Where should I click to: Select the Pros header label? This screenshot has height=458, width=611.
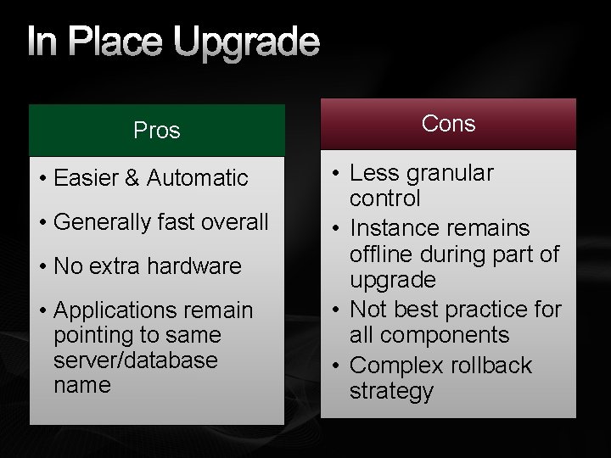coord(157,131)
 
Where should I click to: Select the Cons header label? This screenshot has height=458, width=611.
coord(448,124)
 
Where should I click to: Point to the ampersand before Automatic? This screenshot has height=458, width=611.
coord(132,178)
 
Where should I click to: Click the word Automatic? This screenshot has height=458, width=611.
coord(197,178)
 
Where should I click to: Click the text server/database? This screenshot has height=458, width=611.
coord(136,360)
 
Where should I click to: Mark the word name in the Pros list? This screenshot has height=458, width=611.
coord(81,385)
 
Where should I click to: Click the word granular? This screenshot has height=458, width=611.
coord(451,174)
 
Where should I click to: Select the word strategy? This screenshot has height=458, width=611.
coord(391,392)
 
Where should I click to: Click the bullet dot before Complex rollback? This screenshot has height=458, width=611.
coord(337,366)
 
